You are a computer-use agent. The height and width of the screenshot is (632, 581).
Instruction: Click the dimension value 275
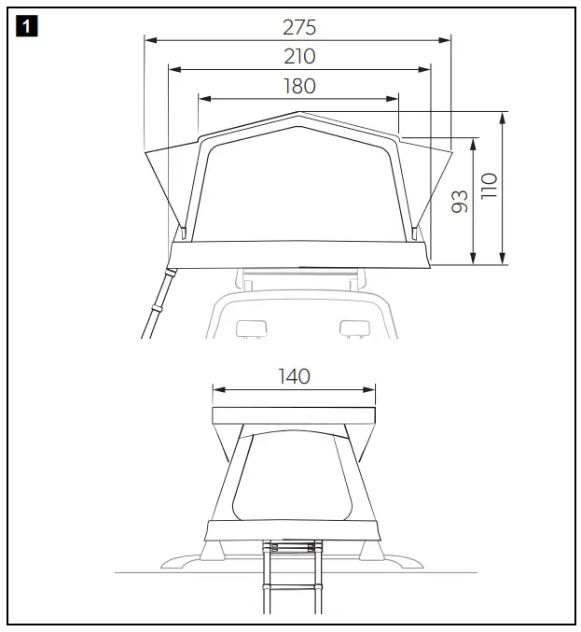click(298, 27)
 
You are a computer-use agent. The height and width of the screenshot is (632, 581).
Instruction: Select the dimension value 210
click(298, 56)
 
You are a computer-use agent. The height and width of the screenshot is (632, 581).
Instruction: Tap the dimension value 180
click(298, 86)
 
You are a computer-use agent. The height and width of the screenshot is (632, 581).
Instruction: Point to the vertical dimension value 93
click(460, 202)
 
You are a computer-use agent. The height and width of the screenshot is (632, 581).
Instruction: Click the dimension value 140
click(294, 376)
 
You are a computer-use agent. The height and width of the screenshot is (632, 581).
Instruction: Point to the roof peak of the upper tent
click(298, 115)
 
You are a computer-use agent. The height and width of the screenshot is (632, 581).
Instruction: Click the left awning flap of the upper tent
click(163, 187)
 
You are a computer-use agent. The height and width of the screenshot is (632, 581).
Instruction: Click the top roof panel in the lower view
click(294, 415)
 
